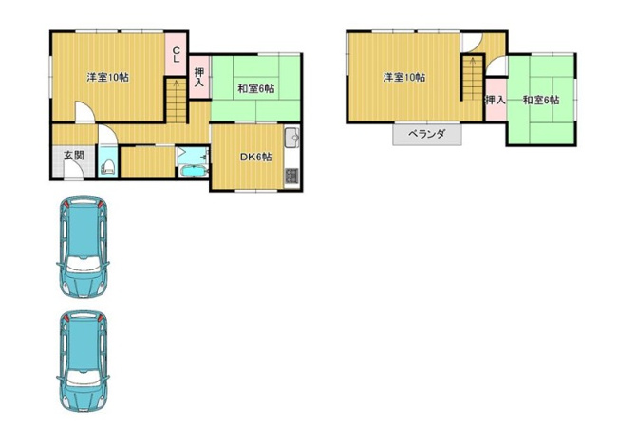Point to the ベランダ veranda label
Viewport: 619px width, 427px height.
tap(426, 135)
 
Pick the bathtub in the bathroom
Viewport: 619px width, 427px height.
tap(192, 172)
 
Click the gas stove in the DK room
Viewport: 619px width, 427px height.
tap(291, 175)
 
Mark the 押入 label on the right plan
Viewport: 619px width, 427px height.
tap(494, 100)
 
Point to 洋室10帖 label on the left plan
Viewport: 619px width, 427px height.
tap(107, 77)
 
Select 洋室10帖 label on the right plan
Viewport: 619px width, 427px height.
tap(403, 77)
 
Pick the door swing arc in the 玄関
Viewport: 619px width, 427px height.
tap(72, 172)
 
